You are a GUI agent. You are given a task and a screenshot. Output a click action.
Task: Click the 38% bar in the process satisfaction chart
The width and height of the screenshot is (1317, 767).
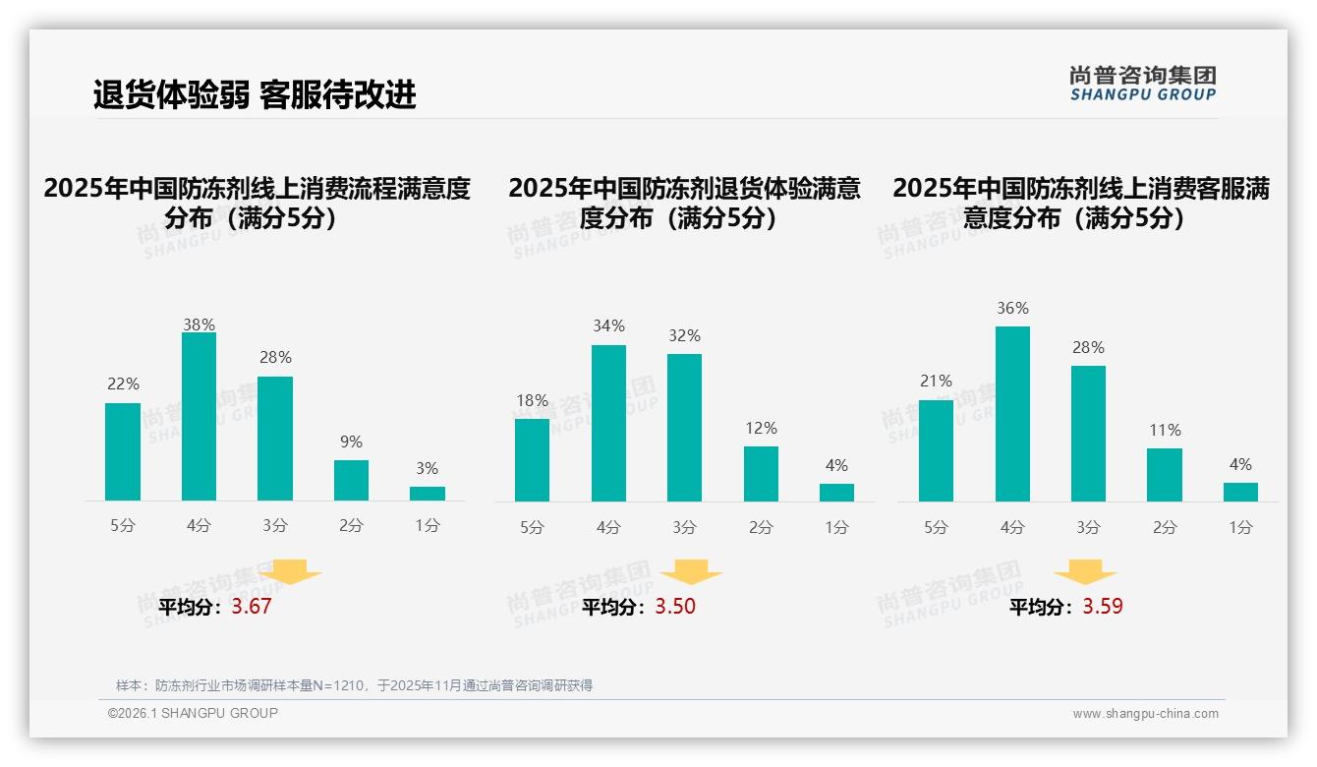199,416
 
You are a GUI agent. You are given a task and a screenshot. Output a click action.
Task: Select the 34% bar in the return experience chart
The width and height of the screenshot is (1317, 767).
608,423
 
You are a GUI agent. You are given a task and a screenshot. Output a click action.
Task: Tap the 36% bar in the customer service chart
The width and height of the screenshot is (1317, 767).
1012,413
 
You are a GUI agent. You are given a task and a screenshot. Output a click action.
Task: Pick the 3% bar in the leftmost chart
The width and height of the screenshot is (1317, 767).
428,493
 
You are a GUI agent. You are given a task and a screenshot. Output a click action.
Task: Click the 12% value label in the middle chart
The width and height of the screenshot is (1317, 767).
761,428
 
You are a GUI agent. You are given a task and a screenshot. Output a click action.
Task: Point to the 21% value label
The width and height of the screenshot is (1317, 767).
936,381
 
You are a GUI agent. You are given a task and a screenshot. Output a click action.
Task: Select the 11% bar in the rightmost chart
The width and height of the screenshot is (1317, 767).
1165,474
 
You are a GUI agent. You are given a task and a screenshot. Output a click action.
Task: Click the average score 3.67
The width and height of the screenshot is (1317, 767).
252,607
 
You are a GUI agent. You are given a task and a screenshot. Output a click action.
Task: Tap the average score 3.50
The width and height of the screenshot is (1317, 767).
675,607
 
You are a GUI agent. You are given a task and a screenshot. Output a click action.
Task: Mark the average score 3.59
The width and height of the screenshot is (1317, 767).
1103,607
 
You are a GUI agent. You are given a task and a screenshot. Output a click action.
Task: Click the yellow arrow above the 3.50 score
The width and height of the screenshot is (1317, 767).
691,572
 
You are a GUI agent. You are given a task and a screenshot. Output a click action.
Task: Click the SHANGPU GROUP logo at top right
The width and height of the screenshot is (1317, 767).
1142,84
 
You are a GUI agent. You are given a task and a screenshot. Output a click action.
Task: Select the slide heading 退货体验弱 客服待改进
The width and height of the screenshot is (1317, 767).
255,94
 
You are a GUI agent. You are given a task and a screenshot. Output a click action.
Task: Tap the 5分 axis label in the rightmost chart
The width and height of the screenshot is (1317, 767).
936,527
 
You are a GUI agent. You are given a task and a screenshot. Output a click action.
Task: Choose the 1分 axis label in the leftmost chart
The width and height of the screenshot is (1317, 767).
428,525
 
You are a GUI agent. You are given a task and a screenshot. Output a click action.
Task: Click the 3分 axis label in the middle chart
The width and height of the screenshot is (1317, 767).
685,527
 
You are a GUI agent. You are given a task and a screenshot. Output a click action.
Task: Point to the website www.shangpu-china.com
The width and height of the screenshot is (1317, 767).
1145,714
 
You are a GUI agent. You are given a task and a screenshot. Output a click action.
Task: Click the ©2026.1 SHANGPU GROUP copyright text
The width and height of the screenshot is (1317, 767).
193,713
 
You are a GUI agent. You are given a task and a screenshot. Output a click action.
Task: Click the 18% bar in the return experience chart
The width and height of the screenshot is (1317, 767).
532,459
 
